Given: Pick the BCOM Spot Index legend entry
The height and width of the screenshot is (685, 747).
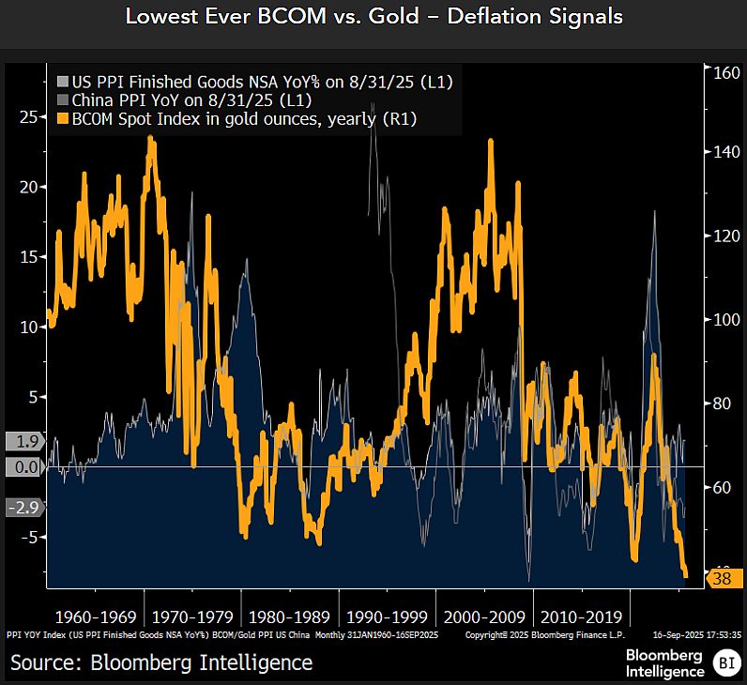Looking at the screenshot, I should (244, 119).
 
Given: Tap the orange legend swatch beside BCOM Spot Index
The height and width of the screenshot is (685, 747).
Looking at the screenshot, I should (63, 119).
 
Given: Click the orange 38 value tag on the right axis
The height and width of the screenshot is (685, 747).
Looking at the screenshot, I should (721, 579).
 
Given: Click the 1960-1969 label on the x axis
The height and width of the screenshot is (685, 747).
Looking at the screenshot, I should (96, 617).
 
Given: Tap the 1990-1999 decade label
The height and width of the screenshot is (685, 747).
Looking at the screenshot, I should (387, 617).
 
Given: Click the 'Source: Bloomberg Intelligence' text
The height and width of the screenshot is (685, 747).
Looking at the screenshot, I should (161, 662).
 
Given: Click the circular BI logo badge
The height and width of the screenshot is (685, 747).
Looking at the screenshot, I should (724, 664).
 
